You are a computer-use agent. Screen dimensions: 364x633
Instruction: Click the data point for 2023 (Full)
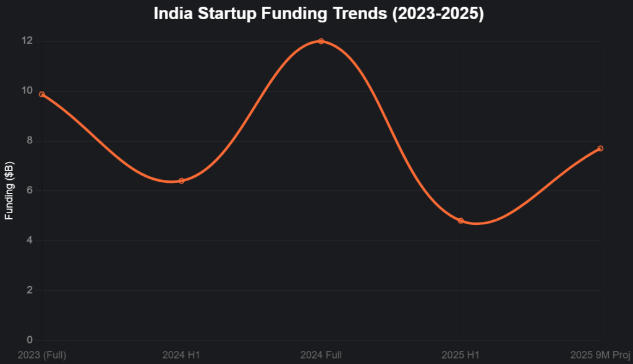pyautogui.click(x=42, y=95)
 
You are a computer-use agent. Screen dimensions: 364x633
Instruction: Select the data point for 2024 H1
pyautogui.click(x=181, y=180)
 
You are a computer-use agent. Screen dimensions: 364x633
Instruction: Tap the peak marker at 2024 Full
pyautogui.click(x=321, y=41)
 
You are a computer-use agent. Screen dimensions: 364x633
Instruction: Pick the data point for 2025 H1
pyautogui.click(x=461, y=221)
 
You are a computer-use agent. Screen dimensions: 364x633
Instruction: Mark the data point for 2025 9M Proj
pyautogui.click(x=600, y=148)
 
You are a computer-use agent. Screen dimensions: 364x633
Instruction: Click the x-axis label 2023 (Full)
pyautogui.click(x=42, y=355)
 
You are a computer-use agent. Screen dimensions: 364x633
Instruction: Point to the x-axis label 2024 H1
pyautogui.click(x=181, y=355)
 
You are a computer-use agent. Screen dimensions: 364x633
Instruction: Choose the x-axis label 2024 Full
pyautogui.click(x=321, y=355)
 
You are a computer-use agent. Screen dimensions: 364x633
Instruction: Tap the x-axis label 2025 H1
pyautogui.click(x=461, y=355)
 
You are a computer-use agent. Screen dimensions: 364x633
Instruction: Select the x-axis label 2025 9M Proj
pyautogui.click(x=600, y=355)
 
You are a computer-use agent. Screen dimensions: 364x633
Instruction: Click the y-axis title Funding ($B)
pyautogui.click(x=9, y=191)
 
